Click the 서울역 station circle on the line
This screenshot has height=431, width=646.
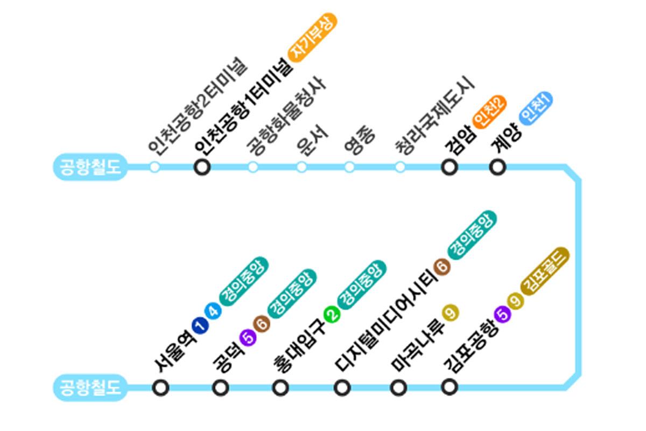[x=160, y=387]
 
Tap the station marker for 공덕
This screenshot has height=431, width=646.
[x=221, y=387]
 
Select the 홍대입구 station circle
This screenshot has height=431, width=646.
[x=280, y=387]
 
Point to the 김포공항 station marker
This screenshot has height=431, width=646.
[x=449, y=386]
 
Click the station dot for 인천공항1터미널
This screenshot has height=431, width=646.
[x=202, y=167]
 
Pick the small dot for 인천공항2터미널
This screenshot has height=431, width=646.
[x=155, y=167]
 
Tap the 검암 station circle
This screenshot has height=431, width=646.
[x=449, y=167]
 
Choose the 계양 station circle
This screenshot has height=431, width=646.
[x=497, y=167]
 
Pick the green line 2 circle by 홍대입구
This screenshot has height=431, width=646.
[x=332, y=314]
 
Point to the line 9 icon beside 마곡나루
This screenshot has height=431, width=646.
[x=450, y=312]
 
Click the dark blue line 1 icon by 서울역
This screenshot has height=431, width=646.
[x=199, y=325]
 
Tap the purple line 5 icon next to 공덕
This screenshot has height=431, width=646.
[x=249, y=336]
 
